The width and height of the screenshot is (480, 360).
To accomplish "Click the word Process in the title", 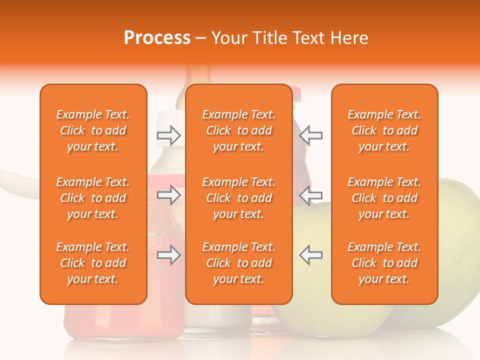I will tap(157, 38).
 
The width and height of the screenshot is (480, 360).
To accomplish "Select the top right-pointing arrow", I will tap(168, 135).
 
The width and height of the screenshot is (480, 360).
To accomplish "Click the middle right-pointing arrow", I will tap(168, 195).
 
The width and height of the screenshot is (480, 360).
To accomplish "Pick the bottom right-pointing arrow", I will tap(168, 255).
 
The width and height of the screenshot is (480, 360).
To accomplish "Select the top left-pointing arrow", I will tap(310, 135).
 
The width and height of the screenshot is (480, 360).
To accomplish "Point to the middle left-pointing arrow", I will tap(310, 195).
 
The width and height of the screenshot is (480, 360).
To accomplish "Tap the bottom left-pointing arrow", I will tap(310, 255).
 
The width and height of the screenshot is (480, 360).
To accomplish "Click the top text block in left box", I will tap(93, 130).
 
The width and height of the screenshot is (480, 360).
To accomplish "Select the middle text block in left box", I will tap(93, 198).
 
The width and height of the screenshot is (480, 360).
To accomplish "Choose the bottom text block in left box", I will tap(93, 263).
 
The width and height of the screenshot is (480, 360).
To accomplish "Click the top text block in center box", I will tap(239, 130).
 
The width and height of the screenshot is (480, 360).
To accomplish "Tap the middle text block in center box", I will tap(239, 198).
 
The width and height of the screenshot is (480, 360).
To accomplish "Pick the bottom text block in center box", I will tap(239, 263).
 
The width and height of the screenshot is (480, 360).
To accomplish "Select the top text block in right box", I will tap(384, 130).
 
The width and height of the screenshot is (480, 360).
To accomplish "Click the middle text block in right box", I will tap(384, 198).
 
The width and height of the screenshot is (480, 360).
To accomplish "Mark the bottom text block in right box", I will tap(384, 263).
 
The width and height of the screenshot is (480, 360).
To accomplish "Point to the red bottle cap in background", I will tap(296, 93).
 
